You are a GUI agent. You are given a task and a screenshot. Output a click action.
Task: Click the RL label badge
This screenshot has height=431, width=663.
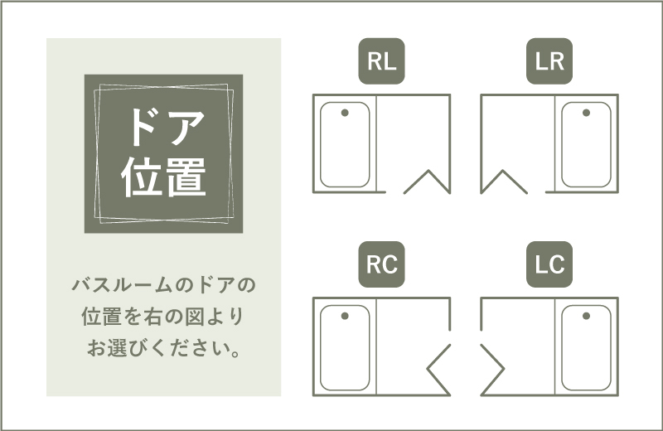click(381, 61)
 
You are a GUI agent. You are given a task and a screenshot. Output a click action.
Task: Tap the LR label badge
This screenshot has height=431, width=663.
click(549, 61)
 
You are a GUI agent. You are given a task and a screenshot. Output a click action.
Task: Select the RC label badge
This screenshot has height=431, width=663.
click(381, 264)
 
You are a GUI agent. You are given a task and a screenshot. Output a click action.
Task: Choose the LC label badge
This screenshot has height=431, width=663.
click(549, 264)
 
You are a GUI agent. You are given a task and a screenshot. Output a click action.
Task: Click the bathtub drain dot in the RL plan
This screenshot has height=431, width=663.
click(345, 113)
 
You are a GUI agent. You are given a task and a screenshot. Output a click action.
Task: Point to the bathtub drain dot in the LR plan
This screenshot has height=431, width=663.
click(586, 113)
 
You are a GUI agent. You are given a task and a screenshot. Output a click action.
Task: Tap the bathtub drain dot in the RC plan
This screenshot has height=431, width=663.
click(345, 316)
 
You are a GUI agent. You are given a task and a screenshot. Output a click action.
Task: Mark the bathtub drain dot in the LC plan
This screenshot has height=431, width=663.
click(586, 316)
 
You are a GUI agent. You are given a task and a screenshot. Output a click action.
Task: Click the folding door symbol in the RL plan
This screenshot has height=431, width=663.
click(428, 172)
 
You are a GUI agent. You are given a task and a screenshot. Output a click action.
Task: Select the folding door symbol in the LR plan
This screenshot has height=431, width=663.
click(503, 172)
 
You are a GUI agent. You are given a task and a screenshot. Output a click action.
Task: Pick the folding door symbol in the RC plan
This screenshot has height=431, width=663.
click(428, 369)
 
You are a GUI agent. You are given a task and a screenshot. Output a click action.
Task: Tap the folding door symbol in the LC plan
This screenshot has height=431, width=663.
click(503, 369)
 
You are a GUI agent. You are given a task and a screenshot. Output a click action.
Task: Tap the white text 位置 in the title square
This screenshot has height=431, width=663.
click(163, 177)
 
